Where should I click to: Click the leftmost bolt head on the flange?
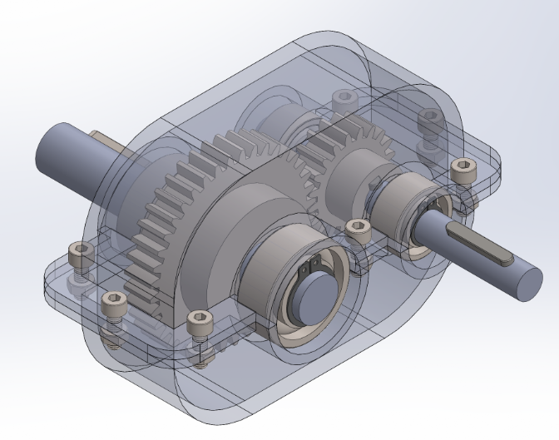(x=77, y=249)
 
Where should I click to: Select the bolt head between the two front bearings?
(x=358, y=227)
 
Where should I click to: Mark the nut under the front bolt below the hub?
(x=202, y=358)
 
